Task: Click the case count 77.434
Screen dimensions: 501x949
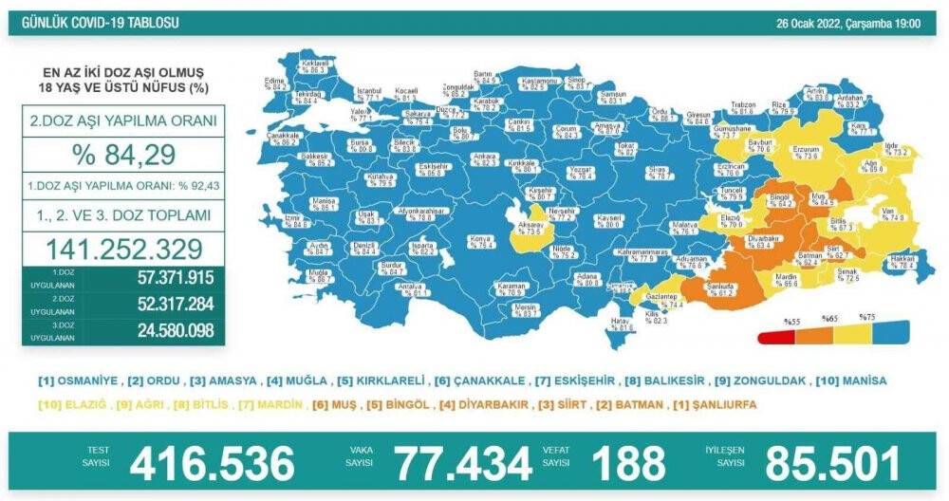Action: point(463,463)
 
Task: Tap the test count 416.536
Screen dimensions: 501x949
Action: point(213,463)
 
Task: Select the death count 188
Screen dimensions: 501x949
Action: point(627,463)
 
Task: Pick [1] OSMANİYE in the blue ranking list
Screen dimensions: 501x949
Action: point(79,380)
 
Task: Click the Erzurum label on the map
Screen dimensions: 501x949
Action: point(805,152)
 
